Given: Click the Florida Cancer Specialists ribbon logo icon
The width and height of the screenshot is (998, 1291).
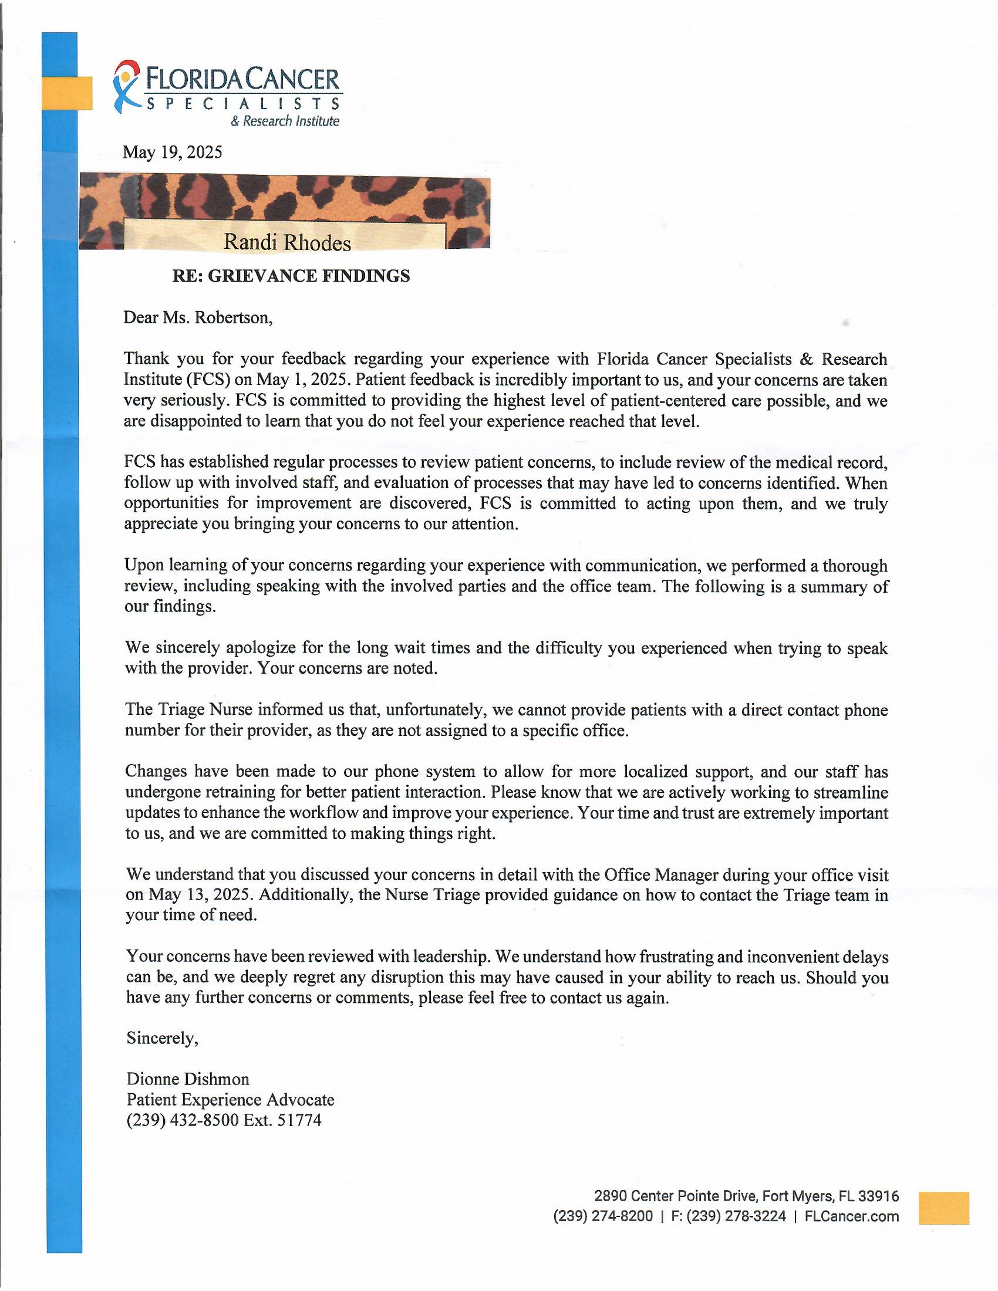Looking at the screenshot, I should pos(126,86).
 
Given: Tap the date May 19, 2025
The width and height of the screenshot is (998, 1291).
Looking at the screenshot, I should pos(172,153).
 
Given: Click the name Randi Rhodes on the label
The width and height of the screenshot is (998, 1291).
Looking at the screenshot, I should pos(286,242).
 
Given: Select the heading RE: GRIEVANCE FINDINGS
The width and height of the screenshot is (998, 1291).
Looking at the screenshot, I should pos(291,276).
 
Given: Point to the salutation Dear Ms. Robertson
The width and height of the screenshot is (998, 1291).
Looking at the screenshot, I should pos(198,318).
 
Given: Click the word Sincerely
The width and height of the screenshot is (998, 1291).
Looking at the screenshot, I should pos(162,1039).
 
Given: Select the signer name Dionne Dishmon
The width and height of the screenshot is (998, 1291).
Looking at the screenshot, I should pos(187,1079).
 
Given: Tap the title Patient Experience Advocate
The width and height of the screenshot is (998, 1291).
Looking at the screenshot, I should pos(230,1100).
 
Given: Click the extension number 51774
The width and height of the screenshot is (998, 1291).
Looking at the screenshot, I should pos(299,1120).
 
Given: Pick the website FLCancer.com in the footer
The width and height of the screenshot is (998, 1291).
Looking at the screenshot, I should pos(851,1216).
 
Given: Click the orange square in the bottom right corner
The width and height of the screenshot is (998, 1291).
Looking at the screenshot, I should pos(943,1208).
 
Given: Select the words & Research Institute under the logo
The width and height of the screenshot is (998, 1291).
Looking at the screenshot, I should pos(285,121).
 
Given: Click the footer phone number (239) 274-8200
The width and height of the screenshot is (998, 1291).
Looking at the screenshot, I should pos(603,1216).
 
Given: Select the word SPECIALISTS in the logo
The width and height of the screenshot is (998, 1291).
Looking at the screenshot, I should pos(242,104).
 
